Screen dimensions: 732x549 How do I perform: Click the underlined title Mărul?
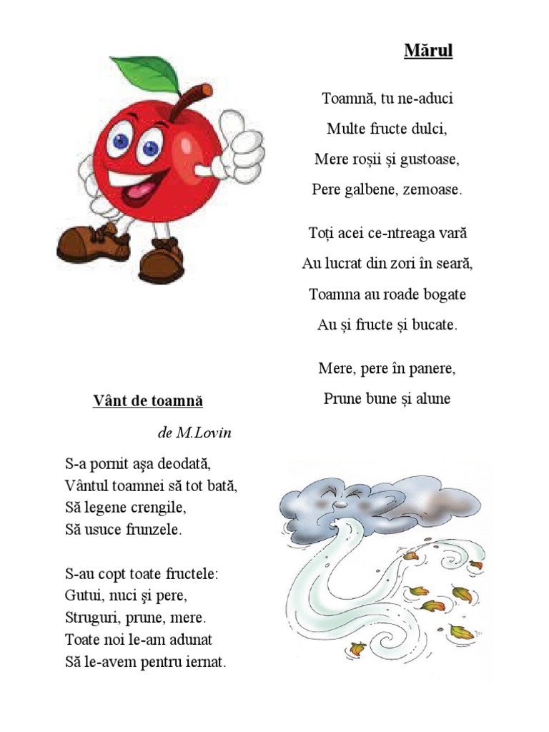428,51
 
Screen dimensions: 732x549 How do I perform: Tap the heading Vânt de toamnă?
148,401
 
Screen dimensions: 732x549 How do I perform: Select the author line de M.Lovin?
194,433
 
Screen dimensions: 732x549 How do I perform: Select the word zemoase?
432,190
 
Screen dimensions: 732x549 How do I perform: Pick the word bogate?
440,295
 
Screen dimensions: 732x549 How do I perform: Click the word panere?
430,369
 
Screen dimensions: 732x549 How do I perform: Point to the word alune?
432,399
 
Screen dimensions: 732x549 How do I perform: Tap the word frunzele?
150,530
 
